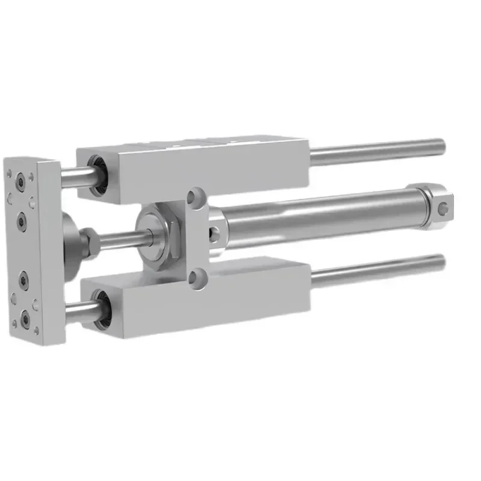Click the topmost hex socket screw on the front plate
[21, 180]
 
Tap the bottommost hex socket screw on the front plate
[25, 318]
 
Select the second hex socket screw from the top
[22, 222]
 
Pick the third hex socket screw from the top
[24, 278]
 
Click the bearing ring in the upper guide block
[97, 175]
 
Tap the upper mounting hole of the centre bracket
[194, 197]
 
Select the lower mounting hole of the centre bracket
[194, 277]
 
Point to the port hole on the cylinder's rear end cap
[444, 208]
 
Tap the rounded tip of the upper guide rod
[443, 145]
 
